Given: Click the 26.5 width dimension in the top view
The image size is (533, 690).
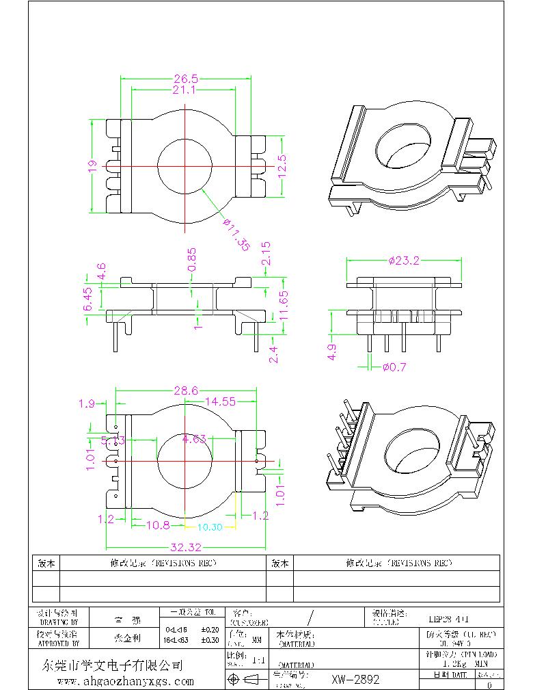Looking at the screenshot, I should click(185, 79).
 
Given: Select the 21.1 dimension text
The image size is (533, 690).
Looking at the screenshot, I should click(185, 90).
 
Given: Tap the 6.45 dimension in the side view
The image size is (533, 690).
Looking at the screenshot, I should click(88, 300).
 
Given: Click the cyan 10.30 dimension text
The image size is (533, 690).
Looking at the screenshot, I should click(210, 527).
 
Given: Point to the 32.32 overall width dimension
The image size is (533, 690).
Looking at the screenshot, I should click(185, 547).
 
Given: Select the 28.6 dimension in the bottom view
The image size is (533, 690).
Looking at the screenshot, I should click(185, 390).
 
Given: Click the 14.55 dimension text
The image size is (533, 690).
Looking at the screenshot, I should click(220, 401).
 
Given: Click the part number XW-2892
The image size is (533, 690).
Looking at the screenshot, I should click(355, 680).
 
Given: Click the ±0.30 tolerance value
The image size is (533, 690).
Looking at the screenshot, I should click(209, 640).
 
